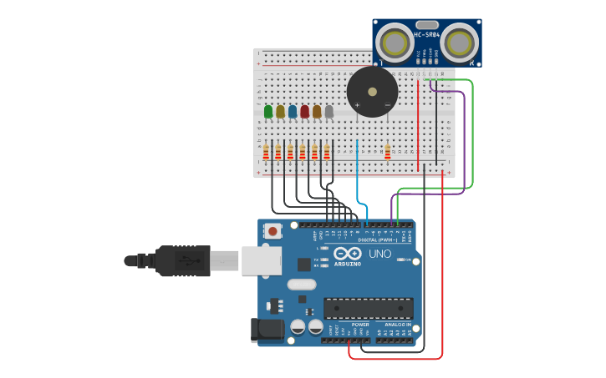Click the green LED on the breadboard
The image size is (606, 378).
[x=267, y=111]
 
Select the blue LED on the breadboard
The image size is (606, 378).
[x=293, y=111]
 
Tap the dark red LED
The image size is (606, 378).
[x=304, y=111]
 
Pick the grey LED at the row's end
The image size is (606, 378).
[x=328, y=111]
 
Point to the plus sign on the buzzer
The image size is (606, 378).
[x=358, y=104]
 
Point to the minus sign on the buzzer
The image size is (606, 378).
[x=386, y=104]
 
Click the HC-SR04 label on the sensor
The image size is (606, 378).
[x=427, y=34]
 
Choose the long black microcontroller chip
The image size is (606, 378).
[x=368, y=308]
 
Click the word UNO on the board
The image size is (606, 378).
[x=379, y=254]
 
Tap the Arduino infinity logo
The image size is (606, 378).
[x=348, y=253]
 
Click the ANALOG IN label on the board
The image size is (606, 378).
[x=398, y=324]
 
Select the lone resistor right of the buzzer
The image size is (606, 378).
[x=387, y=151]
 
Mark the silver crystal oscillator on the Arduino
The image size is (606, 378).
[x=302, y=285]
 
